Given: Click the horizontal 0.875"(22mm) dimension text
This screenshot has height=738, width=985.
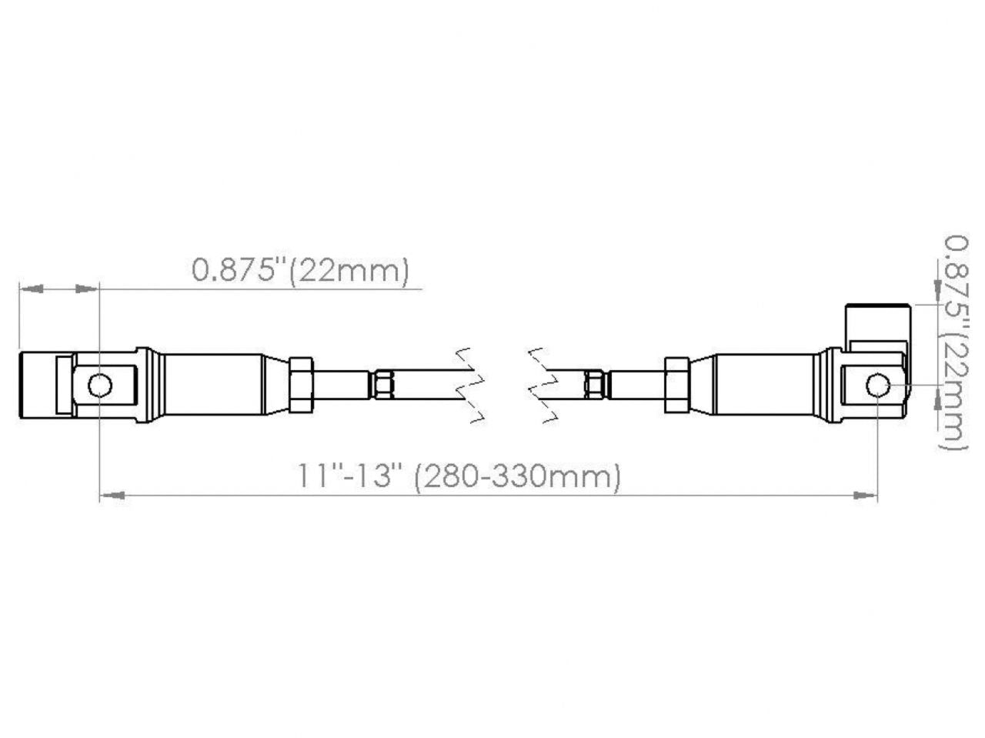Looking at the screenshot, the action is pyautogui.click(x=300, y=270).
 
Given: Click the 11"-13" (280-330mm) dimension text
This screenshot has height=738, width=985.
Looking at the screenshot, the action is pyautogui.click(x=459, y=476).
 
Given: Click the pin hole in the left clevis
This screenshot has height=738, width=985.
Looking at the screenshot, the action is pyautogui.click(x=99, y=385).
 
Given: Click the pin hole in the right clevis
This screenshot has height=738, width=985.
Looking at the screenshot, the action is pyautogui.click(x=877, y=385).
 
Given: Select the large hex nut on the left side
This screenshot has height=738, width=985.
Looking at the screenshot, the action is pyautogui.click(x=301, y=385).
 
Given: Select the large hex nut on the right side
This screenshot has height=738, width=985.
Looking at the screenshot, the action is pyautogui.click(x=676, y=385).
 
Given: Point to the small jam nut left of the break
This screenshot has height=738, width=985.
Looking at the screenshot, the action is pyautogui.click(x=384, y=385).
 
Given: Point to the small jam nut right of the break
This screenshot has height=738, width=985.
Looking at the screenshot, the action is pyautogui.click(x=594, y=385).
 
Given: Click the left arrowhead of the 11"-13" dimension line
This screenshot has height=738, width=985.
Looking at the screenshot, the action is pyautogui.click(x=112, y=496).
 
